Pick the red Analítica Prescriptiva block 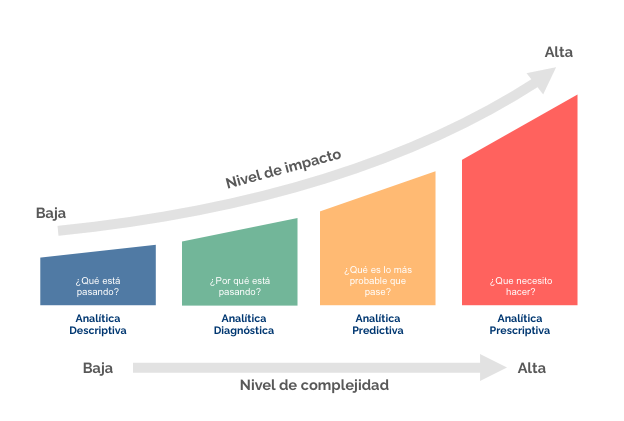520,220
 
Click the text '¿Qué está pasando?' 98,287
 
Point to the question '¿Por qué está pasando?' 240,287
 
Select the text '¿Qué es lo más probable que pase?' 378,281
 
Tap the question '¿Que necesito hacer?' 520,287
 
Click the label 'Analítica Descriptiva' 98,324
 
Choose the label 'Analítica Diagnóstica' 243,324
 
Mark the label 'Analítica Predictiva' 378,324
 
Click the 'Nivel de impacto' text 283,169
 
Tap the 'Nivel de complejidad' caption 314,385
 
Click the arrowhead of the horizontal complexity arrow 493,367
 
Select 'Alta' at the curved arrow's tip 559,52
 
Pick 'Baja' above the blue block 51,213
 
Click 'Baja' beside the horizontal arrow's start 98,368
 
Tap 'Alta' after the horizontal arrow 532,368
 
